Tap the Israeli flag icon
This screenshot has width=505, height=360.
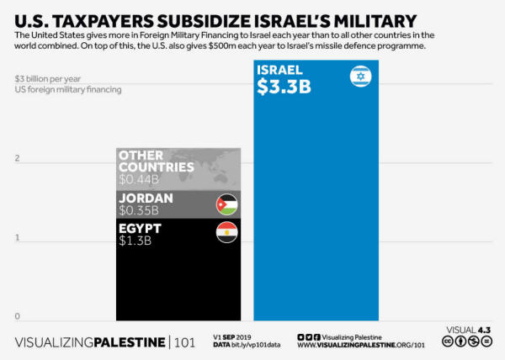(360, 78)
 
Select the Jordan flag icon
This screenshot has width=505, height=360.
(227, 204)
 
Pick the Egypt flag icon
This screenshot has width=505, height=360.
(227, 233)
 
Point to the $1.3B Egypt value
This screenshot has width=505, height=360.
(135, 241)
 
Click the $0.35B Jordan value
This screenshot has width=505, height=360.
(138, 210)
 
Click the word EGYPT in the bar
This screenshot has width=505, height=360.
(140, 228)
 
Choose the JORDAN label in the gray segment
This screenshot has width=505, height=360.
(146, 199)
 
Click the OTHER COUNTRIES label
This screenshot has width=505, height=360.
(157, 161)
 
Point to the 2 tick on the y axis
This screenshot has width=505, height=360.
(17, 159)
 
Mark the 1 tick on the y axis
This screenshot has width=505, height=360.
(17, 238)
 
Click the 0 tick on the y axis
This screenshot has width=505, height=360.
(17, 316)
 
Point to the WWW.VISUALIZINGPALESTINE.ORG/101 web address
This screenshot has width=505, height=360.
(361, 346)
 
